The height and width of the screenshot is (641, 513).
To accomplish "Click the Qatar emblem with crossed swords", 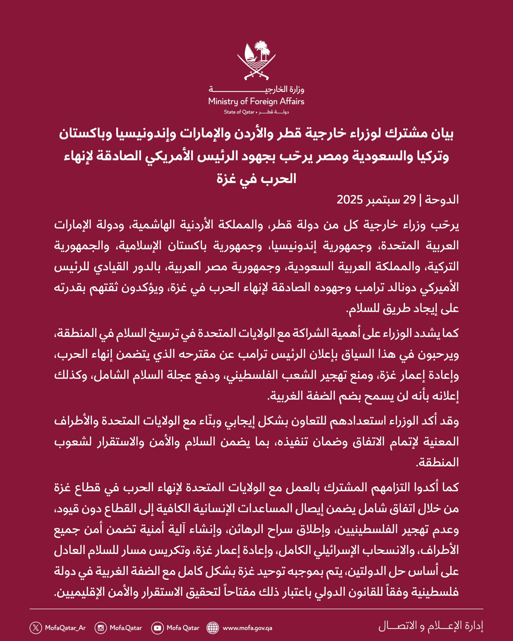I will point(256,61).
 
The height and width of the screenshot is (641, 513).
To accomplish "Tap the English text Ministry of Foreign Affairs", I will point(256,101).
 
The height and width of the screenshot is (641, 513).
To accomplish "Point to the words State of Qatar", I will point(239,112).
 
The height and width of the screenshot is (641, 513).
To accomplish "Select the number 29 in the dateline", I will point(409,200).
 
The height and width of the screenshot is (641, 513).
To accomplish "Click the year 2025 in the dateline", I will point(349,200).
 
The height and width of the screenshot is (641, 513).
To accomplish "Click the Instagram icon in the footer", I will point(101,628).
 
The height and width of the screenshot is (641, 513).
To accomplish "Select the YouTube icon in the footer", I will point(157,628).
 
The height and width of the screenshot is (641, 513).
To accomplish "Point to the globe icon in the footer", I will point(213,628).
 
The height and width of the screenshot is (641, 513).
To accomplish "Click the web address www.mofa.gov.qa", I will point(247,628).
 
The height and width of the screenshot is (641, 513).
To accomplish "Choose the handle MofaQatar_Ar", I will point(65,628).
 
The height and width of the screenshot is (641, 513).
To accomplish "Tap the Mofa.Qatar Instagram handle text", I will point(126,628).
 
